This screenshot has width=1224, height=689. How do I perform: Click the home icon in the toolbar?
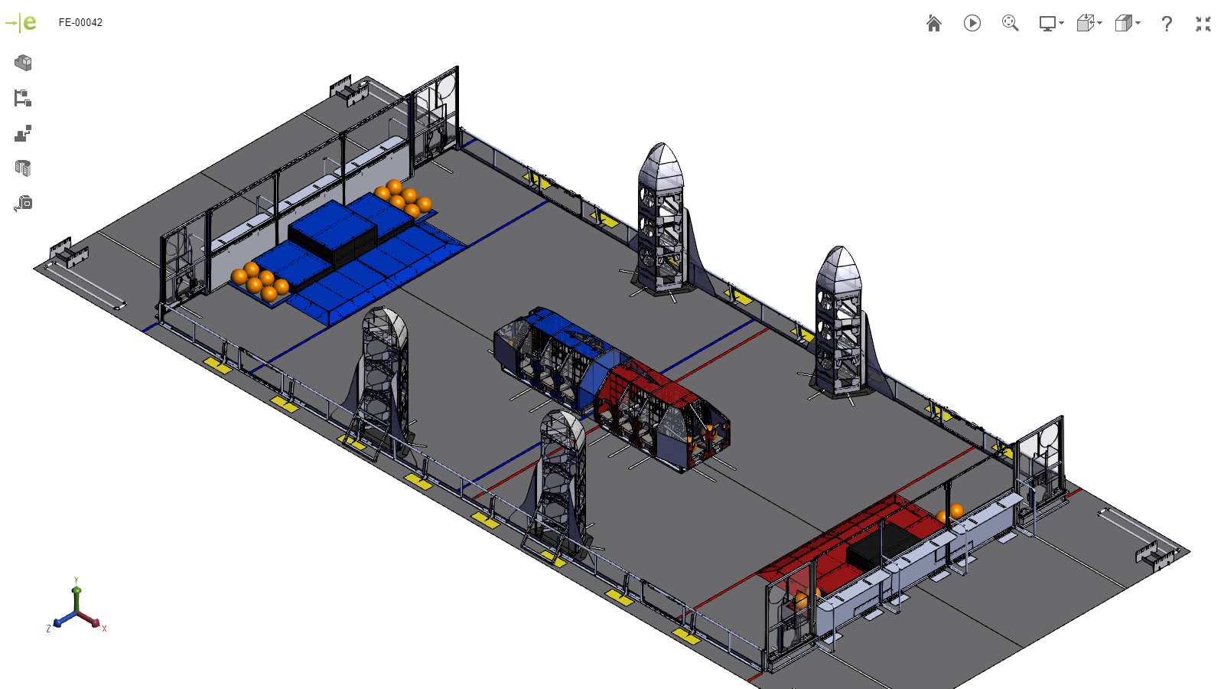tap(933, 24)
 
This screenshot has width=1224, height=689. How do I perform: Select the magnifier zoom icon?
tap(1010, 24)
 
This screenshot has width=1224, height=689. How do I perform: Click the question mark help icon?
tap(1166, 24)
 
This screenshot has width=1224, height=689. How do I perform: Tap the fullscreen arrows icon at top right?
tap(1203, 24)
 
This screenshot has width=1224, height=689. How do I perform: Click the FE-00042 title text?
tap(80, 22)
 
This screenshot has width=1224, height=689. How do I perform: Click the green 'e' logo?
tap(29, 22)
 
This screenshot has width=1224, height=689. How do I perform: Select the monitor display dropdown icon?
tap(1050, 24)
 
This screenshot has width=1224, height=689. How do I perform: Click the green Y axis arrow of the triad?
tap(76, 593)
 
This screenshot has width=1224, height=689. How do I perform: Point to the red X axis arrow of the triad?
tap(93, 622)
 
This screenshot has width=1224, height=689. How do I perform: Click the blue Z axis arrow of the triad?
tap(59, 622)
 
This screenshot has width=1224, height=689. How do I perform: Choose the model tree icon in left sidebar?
tap(23, 98)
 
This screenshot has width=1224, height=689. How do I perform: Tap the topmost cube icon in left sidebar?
tap(23, 63)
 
